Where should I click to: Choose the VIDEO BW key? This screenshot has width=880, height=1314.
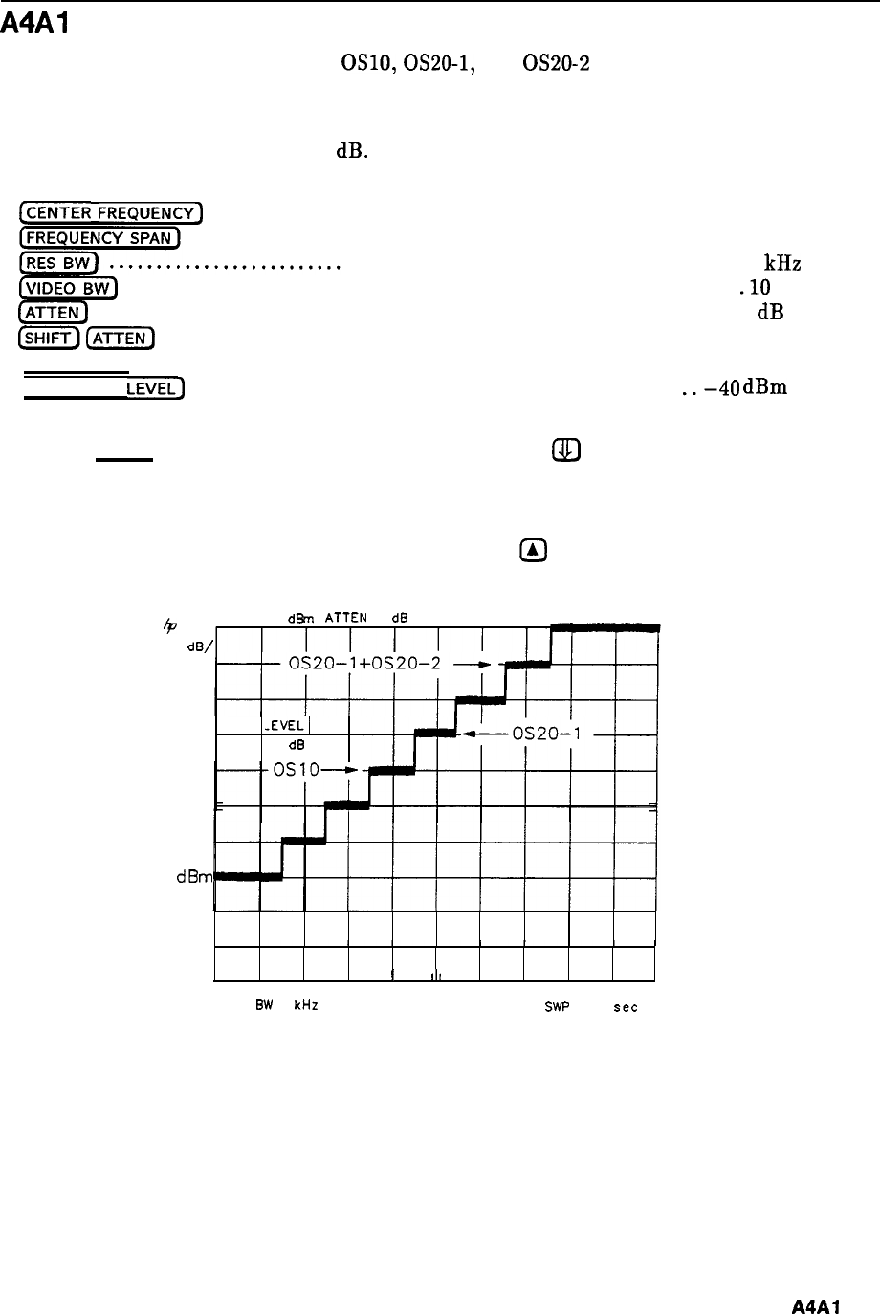pyautogui.click(x=67, y=287)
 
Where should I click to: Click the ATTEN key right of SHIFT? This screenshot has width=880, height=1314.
pyautogui.click(x=121, y=338)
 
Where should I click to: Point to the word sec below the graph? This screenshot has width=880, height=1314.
pyautogui.click(x=625, y=1008)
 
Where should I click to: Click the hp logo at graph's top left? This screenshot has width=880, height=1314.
pyautogui.click(x=173, y=621)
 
